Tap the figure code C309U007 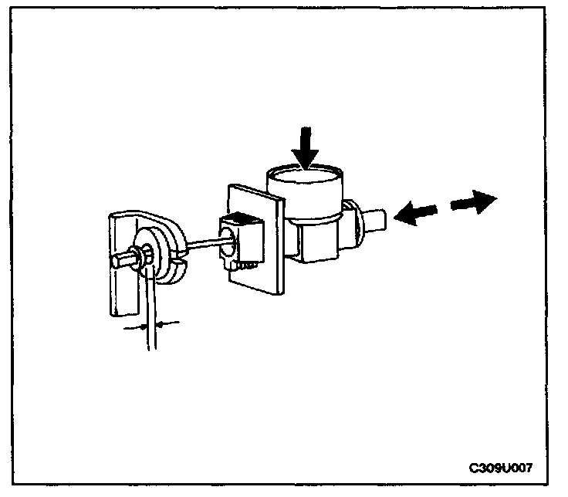pos(501,468)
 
